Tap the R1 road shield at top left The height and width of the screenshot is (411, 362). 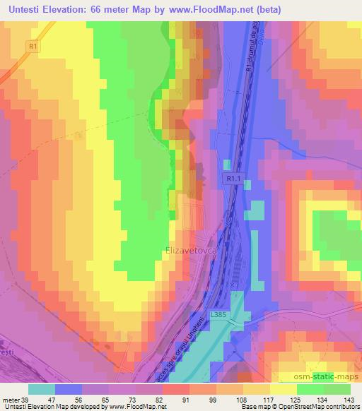33,46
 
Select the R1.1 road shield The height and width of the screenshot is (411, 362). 235,181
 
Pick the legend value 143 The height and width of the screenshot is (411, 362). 350,400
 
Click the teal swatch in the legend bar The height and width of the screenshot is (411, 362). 42,389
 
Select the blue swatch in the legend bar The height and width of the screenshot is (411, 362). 69,389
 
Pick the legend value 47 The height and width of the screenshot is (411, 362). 51,400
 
